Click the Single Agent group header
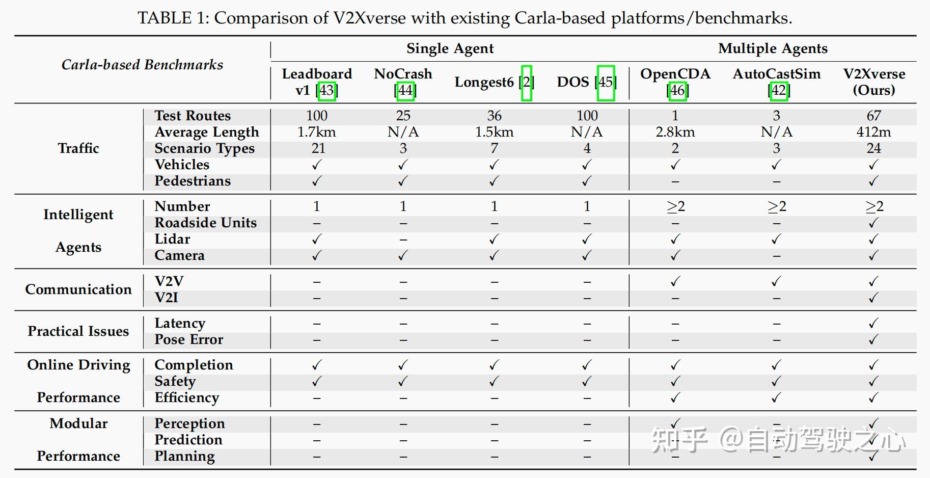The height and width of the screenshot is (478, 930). click(450, 48)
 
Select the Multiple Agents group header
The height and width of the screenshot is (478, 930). click(773, 48)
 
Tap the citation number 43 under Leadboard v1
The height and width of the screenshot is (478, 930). click(326, 90)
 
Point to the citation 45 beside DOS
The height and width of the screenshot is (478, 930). click(606, 83)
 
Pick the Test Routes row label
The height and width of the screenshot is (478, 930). click(193, 116)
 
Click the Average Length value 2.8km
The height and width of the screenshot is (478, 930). click(675, 132)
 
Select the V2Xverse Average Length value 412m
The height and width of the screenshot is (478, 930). click(874, 132)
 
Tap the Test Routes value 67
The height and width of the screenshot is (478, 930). click(874, 116)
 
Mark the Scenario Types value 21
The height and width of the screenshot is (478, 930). click(318, 148)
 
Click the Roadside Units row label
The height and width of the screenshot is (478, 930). click(206, 223)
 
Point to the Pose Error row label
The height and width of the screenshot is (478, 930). click(189, 339)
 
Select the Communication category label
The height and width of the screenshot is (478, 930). click(78, 289)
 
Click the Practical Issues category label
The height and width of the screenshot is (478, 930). click(78, 331)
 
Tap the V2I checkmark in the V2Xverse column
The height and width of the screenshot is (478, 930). click(873, 298)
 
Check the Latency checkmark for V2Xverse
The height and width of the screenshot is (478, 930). click(873, 323)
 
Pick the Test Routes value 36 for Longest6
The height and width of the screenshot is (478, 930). click(494, 116)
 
